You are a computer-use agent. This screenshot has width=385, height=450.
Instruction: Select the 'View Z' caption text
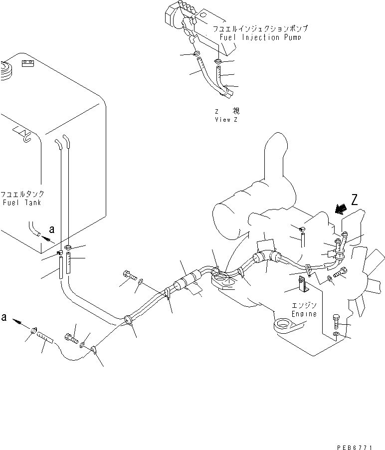point(227,120)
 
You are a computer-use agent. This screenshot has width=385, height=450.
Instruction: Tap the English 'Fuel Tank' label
point(23,203)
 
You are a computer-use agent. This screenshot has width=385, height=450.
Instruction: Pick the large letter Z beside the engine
point(355,201)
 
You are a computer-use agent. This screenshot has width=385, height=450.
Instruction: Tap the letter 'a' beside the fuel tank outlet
point(52,229)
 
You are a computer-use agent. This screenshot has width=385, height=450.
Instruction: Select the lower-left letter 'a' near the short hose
point(4,316)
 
